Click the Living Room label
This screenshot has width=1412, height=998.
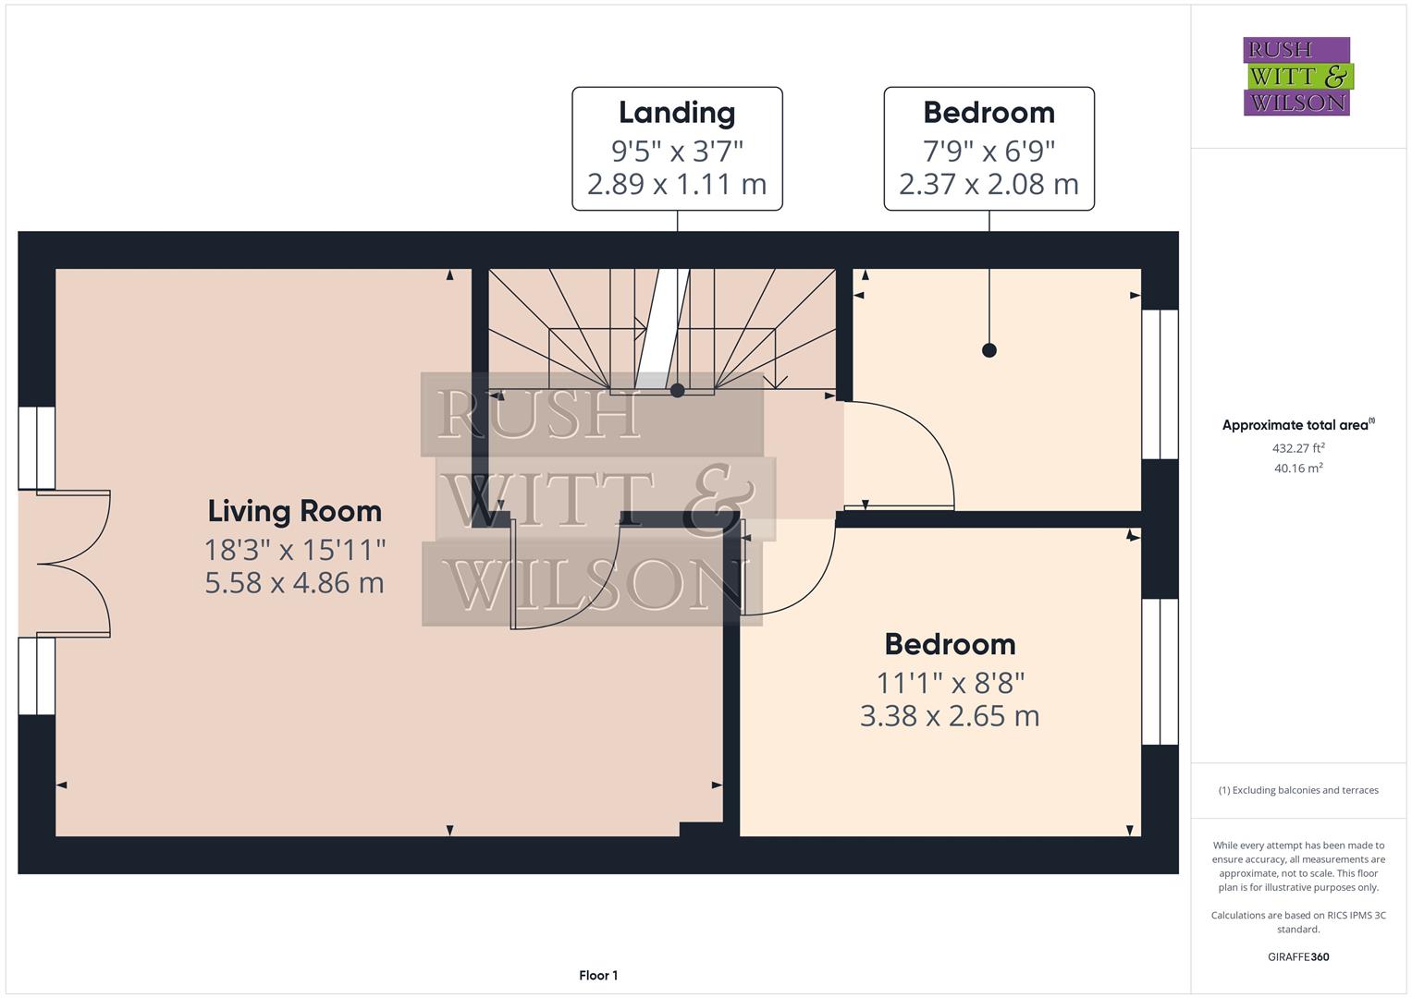click(x=294, y=511)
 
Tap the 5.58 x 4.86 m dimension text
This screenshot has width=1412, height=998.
click(x=294, y=583)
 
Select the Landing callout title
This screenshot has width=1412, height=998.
click(x=677, y=113)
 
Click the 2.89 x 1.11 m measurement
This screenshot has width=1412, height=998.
click(x=677, y=184)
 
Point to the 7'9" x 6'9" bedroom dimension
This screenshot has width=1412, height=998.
click(x=988, y=150)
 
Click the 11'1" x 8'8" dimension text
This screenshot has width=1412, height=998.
click(x=950, y=683)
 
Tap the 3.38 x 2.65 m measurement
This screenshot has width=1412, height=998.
click(x=950, y=716)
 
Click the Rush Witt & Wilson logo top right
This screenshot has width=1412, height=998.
click(x=1296, y=76)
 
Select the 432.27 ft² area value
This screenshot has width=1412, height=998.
click(x=1298, y=448)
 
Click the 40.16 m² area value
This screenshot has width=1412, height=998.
click(x=1298, y=469)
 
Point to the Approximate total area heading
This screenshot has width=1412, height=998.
click(x=1297, y=425)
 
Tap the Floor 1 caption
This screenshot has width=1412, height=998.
click(x=598, y=975)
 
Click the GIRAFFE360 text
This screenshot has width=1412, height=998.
click(x=1298, y=956)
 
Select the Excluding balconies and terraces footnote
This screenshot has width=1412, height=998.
click(x=1298, y=790)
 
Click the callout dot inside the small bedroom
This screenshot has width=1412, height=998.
click(x=989, y=350)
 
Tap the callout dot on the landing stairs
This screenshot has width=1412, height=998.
click(x=677, y=390)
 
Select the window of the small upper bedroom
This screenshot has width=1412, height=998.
click(x=1160, y=384)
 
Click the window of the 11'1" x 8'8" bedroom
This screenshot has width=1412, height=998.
click(x=1160, y=672)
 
